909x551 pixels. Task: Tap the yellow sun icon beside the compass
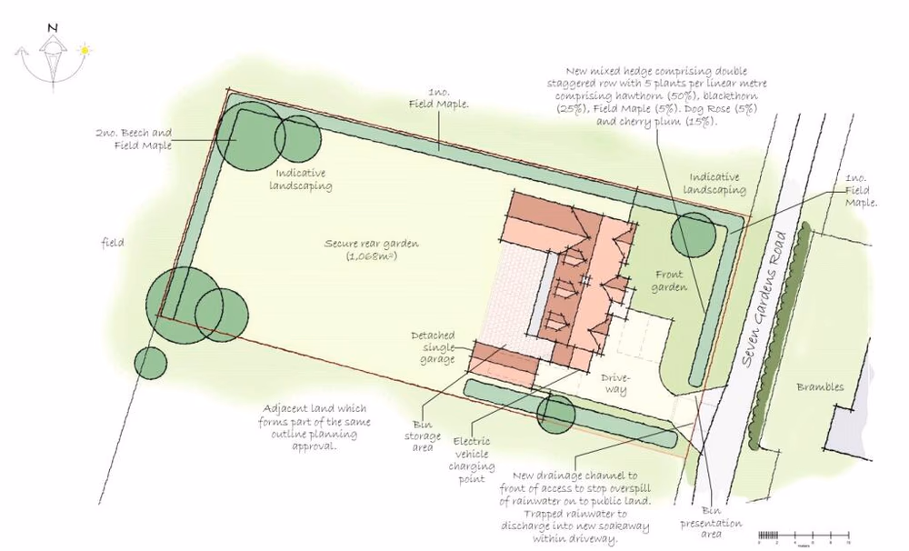(x=85, y=50)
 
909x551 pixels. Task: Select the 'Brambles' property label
(x=820, y=386)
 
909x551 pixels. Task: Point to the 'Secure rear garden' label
(x=362, y=249)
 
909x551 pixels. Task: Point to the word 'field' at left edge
(x=113, y=243)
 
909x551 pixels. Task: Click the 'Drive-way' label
(x=614, y=383)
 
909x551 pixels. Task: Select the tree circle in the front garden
(x=693, y=234)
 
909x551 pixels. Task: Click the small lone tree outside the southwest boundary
(x=150, y=363)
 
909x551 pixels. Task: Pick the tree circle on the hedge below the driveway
(x=555, y=414)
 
